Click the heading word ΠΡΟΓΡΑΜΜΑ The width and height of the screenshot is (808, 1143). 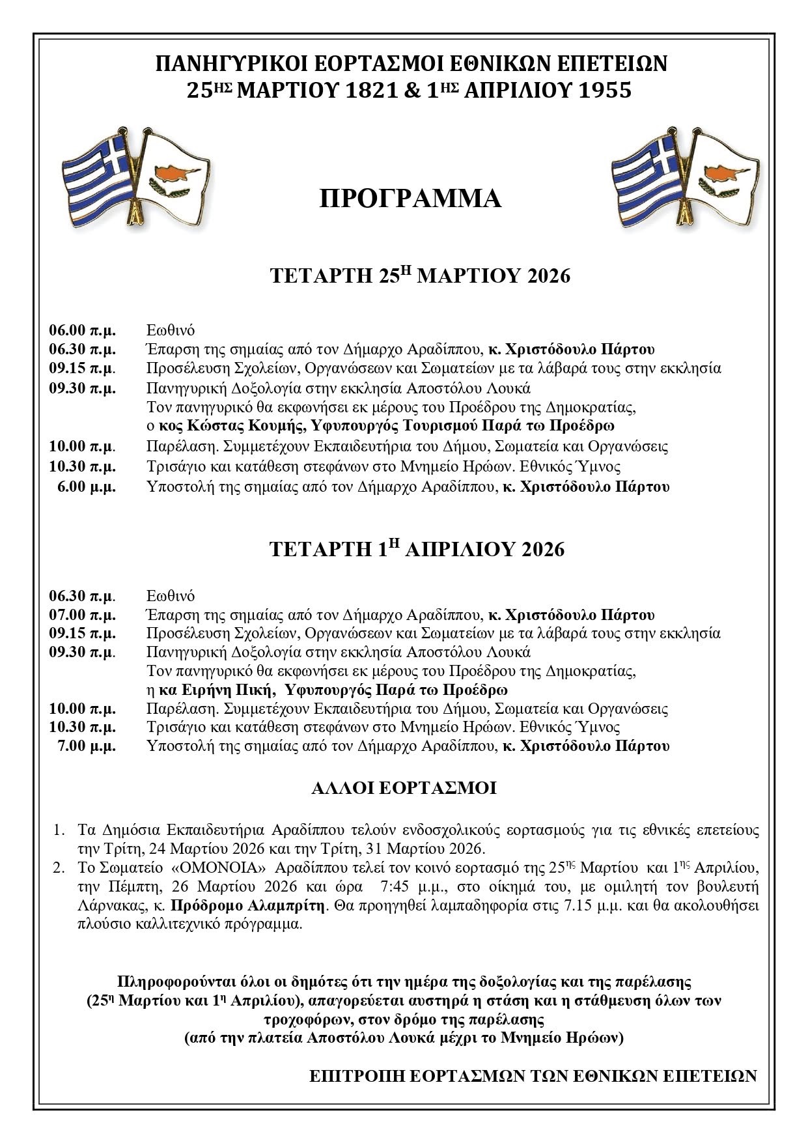(410, 199)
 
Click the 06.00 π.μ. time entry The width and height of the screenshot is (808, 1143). (83, 330)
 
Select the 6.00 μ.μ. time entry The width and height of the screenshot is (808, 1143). (87, 487)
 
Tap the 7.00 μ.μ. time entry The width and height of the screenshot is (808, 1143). (87, 746)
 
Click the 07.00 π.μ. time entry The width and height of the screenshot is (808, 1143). (83, 615)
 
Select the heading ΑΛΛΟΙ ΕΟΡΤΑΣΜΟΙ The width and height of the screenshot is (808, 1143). (404, 789)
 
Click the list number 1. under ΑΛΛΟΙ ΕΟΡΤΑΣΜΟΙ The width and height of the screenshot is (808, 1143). (59, 830)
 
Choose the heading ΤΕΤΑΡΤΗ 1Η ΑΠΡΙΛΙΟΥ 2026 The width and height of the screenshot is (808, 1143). (417, 549)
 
